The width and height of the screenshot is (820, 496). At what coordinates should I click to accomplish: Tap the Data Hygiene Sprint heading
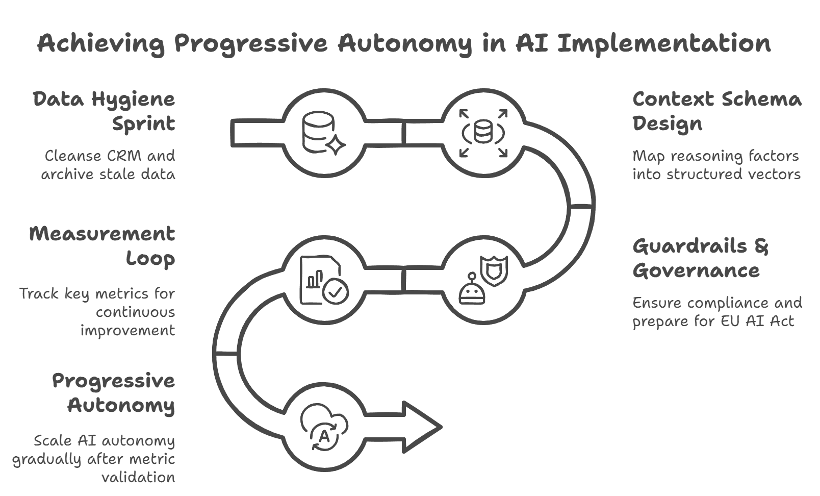coord(104,111)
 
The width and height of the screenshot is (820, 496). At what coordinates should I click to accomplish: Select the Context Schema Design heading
coord(717,111)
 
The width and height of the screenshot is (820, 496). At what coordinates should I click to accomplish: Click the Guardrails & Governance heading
coord(700,258)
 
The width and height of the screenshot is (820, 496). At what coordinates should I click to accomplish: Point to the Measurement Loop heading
coord(102,246)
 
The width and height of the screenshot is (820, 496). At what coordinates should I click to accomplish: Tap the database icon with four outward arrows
coord(483,133)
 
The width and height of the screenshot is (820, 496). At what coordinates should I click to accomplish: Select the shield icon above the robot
coord(494,271)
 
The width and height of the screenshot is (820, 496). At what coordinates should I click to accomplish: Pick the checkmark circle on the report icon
coord(336,291)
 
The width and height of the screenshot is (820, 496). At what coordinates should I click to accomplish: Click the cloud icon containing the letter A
coord(324,427)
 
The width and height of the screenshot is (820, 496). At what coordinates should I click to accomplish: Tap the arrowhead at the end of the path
coord(422,427)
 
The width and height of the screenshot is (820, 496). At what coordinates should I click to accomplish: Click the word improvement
coord(128,331)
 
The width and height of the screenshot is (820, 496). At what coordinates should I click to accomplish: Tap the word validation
coord(138,477)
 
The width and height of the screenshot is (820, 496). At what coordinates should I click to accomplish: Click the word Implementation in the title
coord(664,44)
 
